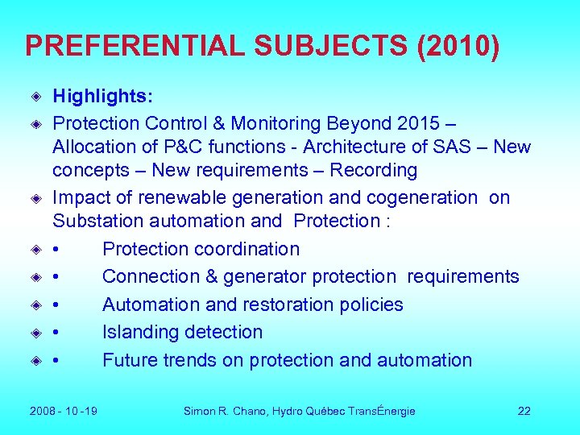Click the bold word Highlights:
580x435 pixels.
[102, 97]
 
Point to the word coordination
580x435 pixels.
[245, 249]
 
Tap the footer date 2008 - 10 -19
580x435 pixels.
[63, 412]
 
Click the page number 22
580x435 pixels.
[524, 412]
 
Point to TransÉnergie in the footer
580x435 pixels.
[381, 412]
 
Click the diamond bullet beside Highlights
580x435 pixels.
[36, 97]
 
